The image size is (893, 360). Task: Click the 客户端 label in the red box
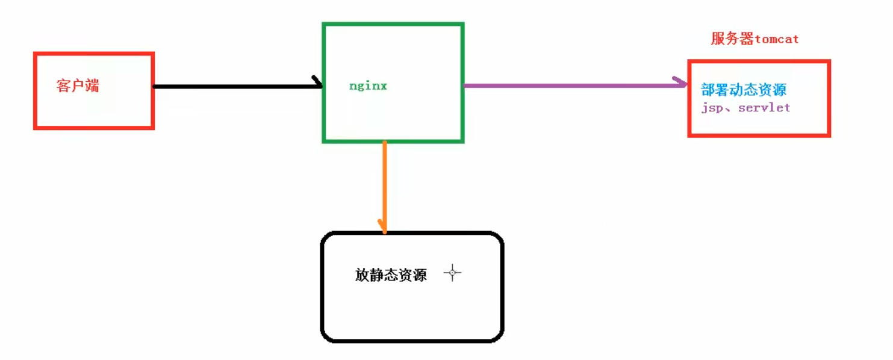78,86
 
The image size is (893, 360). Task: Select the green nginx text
368,86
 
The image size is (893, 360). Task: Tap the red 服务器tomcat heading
755,39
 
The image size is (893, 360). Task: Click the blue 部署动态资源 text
744,90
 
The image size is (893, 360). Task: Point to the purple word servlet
764,108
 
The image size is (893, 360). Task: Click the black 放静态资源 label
391,276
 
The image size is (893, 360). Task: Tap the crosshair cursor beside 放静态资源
452,273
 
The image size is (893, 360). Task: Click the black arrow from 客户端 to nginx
235,86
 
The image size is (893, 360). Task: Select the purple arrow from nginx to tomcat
572,85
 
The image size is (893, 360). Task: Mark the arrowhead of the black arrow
317,83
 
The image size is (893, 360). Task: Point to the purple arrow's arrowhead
682,84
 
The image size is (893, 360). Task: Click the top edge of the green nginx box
393,24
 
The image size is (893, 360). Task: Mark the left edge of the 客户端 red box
36,90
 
